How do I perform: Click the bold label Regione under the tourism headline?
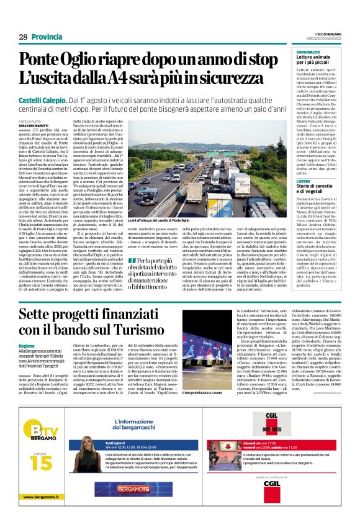point(27,345)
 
